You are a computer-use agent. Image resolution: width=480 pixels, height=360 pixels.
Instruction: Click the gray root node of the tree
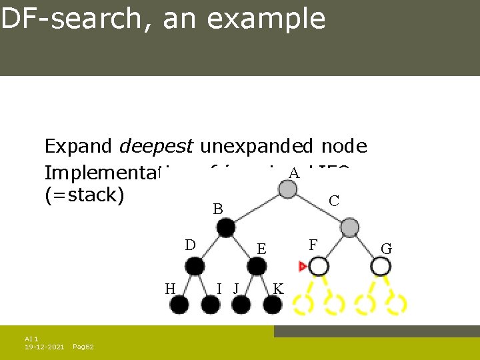[x=287, y=189]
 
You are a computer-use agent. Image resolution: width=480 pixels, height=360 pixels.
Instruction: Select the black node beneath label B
[x=225, y=228]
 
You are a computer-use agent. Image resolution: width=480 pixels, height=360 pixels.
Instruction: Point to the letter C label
[x=334, y=201]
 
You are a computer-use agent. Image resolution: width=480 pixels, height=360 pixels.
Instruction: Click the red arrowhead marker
[x=303, y=267]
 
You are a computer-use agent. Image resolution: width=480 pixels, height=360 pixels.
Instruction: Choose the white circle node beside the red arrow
[x=319, y=267]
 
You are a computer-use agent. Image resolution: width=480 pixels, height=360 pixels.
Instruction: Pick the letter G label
[x=386, y=249]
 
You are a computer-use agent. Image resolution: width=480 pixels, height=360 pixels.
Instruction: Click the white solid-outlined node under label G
[x=381, y=267]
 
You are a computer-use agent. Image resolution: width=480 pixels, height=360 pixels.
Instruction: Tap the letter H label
[x=170, y=289]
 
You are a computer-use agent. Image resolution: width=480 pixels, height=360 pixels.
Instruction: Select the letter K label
[x=278, y=289]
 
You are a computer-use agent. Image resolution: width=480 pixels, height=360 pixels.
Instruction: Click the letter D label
[x=190, y=245]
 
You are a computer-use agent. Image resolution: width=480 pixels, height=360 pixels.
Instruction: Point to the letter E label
[x=262, y=249]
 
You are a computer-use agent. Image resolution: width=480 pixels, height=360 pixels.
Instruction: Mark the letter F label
[x=313, y=245]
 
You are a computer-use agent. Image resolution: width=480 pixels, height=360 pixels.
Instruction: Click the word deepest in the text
[x=157, y=146]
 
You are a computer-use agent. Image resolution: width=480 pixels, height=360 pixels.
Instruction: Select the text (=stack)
[x=84, y=197]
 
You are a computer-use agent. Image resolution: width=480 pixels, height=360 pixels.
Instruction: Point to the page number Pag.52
[x=83, y=347]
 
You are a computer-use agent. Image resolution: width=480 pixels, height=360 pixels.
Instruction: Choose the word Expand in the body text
[x=79, y=146]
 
